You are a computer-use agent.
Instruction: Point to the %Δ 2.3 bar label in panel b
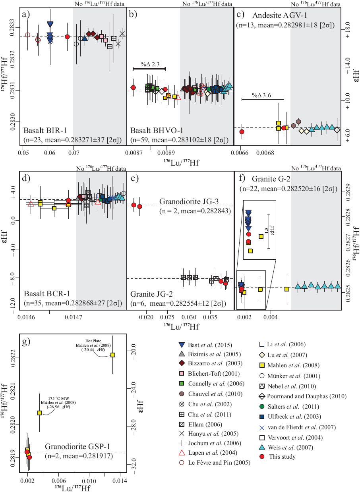pyautogui.click(x=148, y=64)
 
